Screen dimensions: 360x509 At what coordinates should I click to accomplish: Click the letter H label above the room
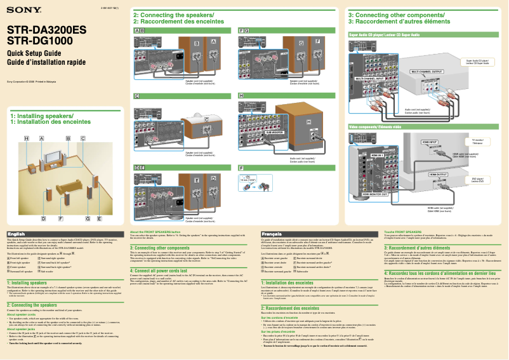[x=27, y=138]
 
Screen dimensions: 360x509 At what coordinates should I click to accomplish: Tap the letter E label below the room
[x=100, y=218]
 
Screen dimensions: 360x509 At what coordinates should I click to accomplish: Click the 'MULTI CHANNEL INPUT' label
[x=372, y=78]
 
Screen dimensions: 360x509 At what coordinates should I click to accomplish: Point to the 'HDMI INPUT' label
[x=429, y=142]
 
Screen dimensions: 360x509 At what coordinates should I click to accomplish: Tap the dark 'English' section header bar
[x=64, y=234]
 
